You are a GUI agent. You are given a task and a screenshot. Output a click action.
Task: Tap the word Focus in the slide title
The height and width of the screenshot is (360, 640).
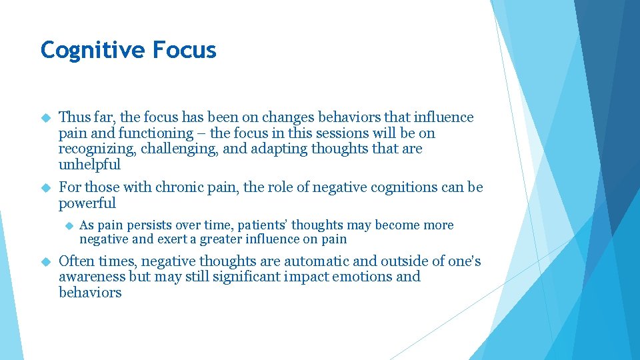pyautogui.click(x=185, y=50)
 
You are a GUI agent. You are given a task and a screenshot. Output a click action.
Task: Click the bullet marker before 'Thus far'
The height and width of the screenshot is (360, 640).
pyautogui.click(x=45, y=118)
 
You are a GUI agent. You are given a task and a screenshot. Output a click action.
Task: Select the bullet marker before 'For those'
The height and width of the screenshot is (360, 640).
pyautogui.click(x=45, y=188)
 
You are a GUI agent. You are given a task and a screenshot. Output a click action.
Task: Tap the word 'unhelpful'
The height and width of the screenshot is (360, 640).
pyautogui.click(x=89, y=165)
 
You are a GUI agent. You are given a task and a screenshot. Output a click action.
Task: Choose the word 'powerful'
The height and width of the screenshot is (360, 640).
pyautogui.click(x=87, y=203)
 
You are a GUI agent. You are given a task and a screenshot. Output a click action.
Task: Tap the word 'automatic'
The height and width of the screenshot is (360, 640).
pyautogui.click(x=291, y=261)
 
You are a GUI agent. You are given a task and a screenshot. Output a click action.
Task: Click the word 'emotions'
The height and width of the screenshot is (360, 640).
pyautogui.click(x=363, y=277)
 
